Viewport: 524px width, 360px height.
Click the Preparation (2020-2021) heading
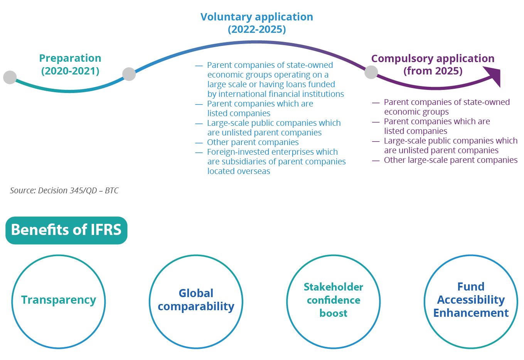point(70,64)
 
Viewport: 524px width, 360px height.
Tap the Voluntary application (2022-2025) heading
point(257,23)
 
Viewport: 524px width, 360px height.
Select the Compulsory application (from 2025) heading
point(433,64)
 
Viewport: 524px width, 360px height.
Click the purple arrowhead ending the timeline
point(493,75)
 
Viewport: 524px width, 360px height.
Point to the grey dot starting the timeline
point(10,77)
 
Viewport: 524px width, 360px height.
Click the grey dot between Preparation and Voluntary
point(129,74)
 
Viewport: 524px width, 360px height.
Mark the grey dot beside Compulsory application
point(371,72)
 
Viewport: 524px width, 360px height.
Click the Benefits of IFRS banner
point(66,230)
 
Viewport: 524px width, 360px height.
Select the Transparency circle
point(59,301)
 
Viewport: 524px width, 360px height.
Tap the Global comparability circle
point(196,301)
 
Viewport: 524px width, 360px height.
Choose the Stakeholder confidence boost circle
point(334,301)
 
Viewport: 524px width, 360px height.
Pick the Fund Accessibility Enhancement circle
point(471,301)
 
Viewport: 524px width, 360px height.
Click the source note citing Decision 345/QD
point(64,191)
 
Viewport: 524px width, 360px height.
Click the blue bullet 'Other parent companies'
point(253,142)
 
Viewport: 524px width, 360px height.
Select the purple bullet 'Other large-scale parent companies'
point(450,160)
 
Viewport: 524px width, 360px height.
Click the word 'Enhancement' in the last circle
point(471,313)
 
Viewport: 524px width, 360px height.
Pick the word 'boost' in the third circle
point(334,313)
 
